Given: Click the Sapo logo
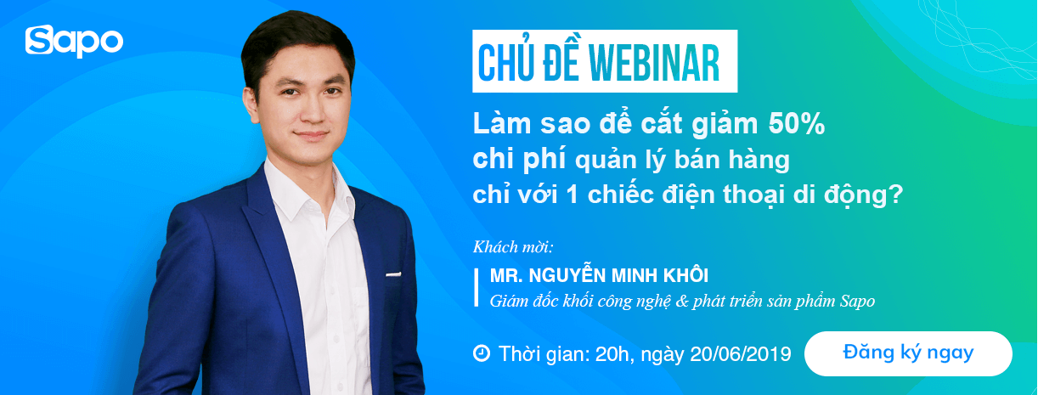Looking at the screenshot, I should (x=75, y=42).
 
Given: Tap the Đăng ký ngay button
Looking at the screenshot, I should (x=908, y=353).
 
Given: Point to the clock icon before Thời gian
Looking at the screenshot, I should (x=481, y=353).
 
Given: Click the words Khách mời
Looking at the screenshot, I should (x=513, y=248).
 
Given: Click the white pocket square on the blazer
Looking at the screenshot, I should (x=392, y=274).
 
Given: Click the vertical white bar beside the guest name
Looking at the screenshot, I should (x=477, y=287).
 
